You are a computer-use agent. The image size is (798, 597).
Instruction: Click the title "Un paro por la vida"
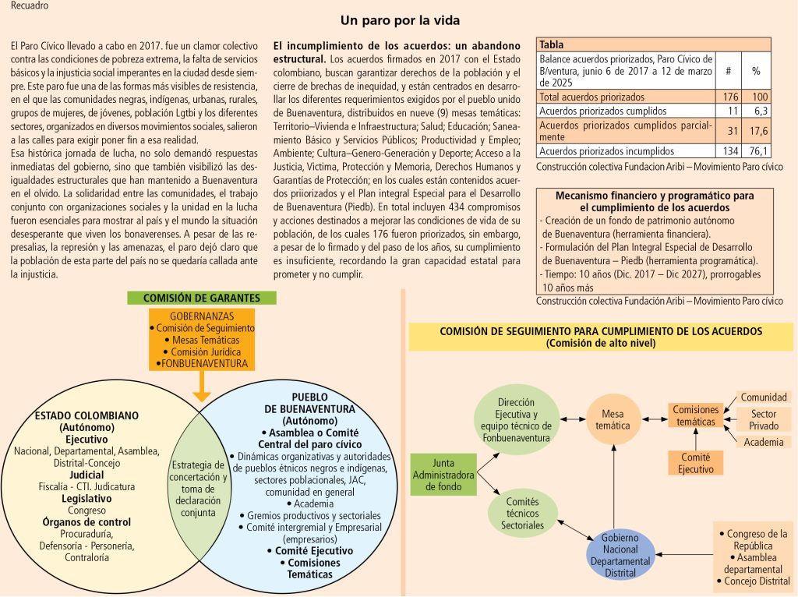(400, 20)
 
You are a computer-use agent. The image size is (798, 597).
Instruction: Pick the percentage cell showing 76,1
(755, 151)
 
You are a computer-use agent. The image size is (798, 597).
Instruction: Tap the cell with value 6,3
(755, 111)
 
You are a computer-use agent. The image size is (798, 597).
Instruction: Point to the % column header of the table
(755, 70)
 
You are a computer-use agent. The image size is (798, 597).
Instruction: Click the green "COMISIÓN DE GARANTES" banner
(201, 298)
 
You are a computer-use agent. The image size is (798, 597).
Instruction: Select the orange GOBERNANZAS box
(201, 340)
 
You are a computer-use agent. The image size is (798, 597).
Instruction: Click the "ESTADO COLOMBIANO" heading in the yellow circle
(87, 415)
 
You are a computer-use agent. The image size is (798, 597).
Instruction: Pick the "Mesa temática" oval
(613, 421)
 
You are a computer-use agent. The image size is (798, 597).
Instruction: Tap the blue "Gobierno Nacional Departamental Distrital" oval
(620, 556)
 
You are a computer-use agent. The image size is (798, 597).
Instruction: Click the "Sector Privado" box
(764, 420)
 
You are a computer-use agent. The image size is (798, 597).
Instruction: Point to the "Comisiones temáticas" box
(695, 415)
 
